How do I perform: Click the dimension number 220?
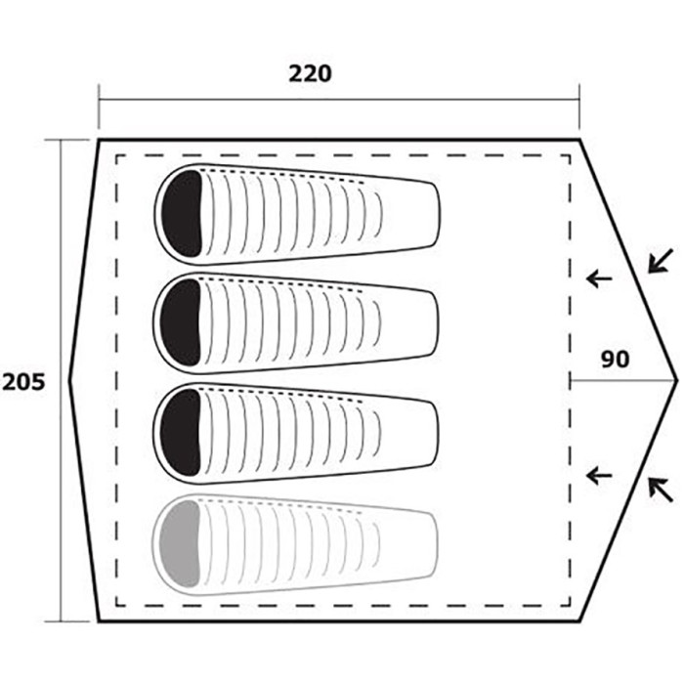point(310,74)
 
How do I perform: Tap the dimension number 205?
point(24,383)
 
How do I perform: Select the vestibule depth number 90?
point(616,360)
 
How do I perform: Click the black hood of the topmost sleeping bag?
point(183,214)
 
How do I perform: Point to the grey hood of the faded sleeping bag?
point(181,543)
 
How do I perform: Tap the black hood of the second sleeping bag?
point(181,322)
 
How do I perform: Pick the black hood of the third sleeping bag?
point(181,433)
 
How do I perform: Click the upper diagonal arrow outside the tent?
point(660,261)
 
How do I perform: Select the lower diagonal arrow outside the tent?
point(660,490)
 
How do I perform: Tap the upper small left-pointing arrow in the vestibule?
point(599,278)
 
